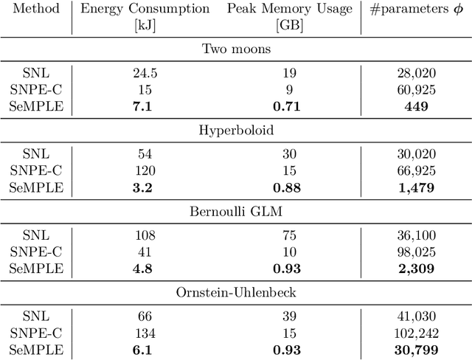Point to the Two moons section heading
click(x=235, y=49)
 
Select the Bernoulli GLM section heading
click(x=235, y=211)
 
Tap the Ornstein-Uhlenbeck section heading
click(x=235, y=291)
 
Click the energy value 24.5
click(x=145, y=74)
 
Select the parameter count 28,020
click(x=416, y=74)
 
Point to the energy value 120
click(x=145, y=170)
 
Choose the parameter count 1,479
click(x=416, y=187)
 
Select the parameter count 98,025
click(x=416, y=252)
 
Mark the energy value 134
click(x=145, y=332)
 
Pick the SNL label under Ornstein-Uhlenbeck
click(x=36, y=316)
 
